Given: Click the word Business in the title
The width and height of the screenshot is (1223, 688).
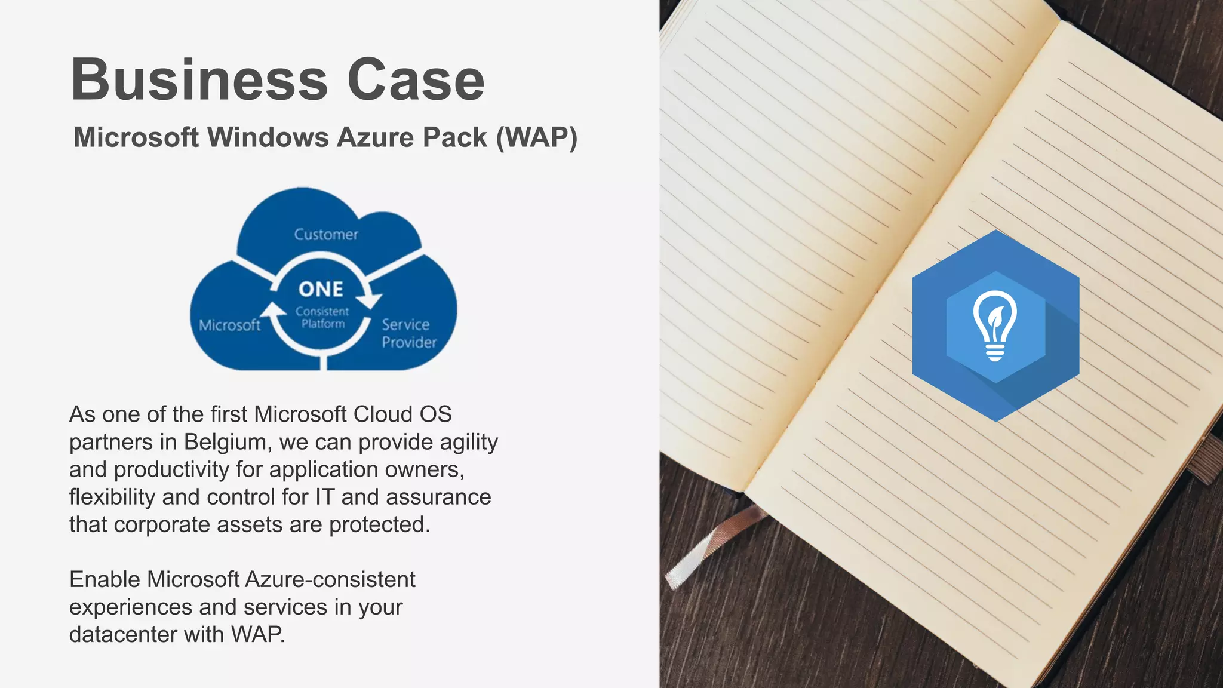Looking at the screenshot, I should [x=199, y=80].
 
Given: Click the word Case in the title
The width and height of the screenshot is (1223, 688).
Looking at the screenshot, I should [x=416, y=80].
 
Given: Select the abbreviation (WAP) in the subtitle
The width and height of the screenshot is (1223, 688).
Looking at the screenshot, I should [x=536, y=137].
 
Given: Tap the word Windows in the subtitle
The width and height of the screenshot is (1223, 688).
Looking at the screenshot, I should [x=268, y=137].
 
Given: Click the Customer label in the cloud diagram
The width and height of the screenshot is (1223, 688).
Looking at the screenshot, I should [x=326, y=235].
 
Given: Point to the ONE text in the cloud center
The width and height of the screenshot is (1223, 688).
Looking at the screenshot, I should [x=321, y=290].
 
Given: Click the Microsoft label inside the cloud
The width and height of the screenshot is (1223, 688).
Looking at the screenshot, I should [x=229, y=325].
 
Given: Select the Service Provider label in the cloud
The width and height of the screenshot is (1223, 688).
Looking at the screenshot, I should [x=408, y=333].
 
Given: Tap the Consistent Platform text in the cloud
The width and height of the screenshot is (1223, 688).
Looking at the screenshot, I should [x=322, y=318].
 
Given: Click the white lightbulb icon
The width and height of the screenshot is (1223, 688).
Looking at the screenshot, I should [x=994, y=325].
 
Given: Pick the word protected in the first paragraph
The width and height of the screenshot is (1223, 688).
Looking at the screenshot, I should [x=379, y=524].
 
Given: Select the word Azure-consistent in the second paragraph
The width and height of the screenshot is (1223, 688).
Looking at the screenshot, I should [x=330, y=579].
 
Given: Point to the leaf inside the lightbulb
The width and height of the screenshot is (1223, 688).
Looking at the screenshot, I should [x=995, y=317].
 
